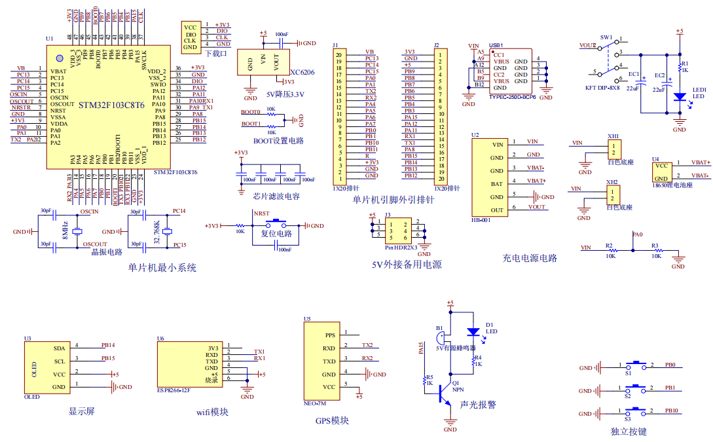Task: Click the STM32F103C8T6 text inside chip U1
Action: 111,105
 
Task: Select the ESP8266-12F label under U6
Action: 174,390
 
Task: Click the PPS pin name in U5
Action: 330,335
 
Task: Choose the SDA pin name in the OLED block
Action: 60,348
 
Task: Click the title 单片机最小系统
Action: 162,268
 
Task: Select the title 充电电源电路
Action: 530,258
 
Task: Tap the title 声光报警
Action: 478,405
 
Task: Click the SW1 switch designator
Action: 606,37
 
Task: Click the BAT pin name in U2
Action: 497,184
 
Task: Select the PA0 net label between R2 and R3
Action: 637,234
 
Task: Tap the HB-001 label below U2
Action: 481,220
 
